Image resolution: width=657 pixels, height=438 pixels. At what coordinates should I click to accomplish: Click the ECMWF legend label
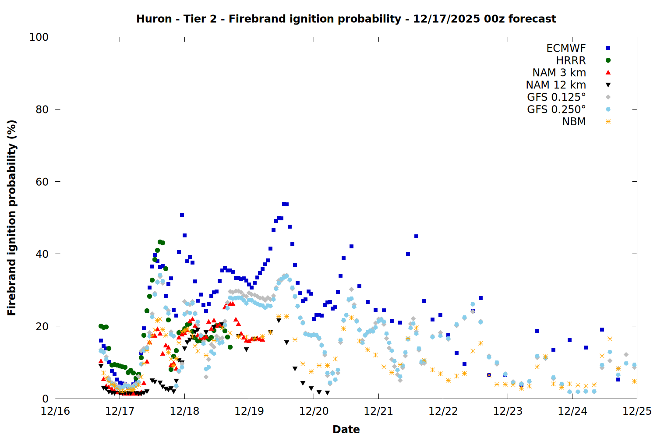coord(566,48)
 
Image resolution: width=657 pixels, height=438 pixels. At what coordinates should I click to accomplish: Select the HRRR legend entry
coord(571,60)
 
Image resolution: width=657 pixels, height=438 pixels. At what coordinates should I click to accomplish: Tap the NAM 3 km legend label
coord(559,73)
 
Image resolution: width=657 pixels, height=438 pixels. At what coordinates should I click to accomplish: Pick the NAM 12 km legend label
coord(556,85)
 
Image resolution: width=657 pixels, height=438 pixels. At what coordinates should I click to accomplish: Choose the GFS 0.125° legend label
coord(556,97)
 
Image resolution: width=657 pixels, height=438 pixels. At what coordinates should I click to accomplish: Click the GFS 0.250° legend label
coord(556,109)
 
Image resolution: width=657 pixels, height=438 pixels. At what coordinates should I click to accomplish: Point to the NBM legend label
coord(574,122)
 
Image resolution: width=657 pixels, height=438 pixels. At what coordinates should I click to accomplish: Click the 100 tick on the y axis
coord(39,37)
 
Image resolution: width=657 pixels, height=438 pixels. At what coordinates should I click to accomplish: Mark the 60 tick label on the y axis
coord(42,182)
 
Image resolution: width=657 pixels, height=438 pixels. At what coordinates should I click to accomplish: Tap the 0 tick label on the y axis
coord(45,399)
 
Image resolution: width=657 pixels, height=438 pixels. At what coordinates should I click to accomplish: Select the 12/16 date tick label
coord(55,411)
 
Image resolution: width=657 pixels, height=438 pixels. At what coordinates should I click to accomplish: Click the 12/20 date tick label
coord(314,411)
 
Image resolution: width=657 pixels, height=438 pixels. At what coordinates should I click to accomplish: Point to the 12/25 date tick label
coord(637,411)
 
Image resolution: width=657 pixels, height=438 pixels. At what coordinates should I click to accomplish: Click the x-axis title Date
coord(346,430)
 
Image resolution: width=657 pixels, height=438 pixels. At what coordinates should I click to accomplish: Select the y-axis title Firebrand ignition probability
coord(12,218)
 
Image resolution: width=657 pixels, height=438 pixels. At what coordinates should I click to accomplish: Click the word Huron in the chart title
coord(154,19)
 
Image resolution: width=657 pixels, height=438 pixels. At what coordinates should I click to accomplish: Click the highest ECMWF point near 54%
coord(284,204)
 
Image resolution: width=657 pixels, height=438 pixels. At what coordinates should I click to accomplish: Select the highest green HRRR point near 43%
coord(160,242)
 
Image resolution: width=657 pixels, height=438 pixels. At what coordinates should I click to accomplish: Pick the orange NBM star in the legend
coord(608,122)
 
